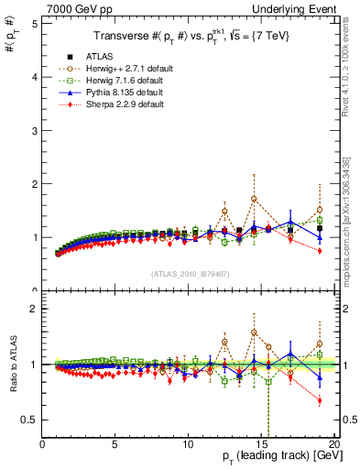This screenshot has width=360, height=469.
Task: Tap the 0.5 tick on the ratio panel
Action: coord(29,420)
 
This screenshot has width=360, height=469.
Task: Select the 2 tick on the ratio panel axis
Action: coord(34,309)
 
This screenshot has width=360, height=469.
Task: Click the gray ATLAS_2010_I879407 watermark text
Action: coord(188,273)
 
